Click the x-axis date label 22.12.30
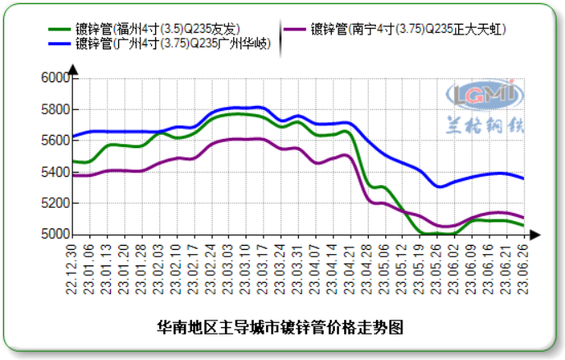point(72,267)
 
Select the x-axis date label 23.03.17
point(263,267)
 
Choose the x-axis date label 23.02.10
point(177,267)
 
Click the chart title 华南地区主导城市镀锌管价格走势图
point(280,327)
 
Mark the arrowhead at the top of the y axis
point(72,69)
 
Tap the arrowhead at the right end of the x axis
point(535,235)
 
